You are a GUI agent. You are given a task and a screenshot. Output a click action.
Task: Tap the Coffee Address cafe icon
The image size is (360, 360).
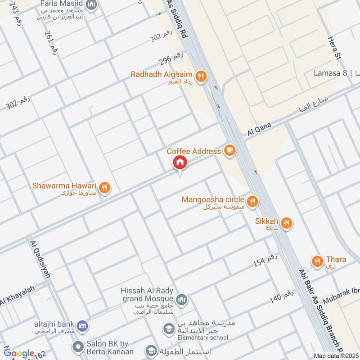(229, 150)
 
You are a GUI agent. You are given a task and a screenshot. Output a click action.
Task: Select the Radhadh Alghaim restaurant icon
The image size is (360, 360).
(201, 76)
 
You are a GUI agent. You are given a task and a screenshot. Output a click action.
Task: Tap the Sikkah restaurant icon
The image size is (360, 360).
(287, 222)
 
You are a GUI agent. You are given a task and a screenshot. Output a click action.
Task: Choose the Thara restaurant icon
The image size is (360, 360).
(317, 261)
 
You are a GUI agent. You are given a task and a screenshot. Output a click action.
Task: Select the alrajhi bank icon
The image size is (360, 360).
(82, 325)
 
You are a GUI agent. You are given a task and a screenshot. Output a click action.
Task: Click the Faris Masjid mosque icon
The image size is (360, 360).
(92, 5)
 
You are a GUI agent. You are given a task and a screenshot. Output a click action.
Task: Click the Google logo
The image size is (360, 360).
(19, 353)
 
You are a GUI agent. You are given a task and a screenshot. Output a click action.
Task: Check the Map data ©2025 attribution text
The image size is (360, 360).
(335, 355)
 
